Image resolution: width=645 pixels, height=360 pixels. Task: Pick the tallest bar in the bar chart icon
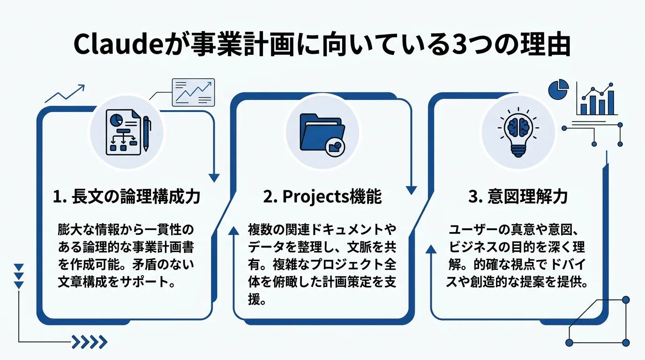(x=609, y=102)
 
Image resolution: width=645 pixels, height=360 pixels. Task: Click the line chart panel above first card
(x=193, y=92)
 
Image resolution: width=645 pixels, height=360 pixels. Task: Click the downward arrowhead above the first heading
(x=214, y=178)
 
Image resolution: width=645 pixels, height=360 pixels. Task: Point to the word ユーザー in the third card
(x=471, y=230)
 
